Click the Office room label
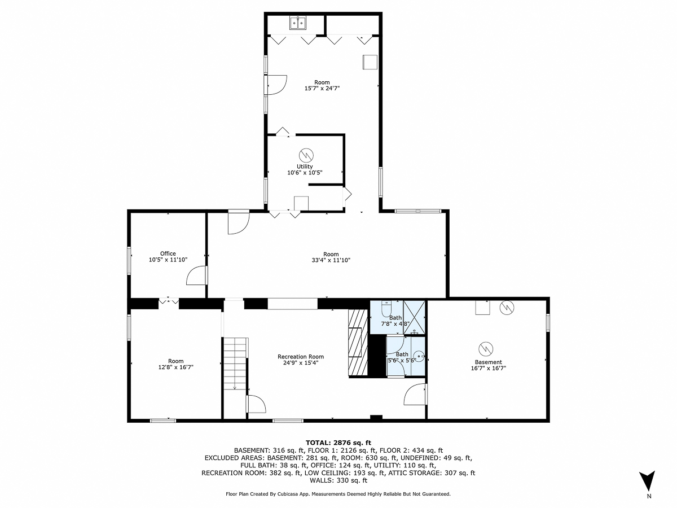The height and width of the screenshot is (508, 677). (x=168, y=253)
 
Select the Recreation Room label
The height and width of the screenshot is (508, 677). (x=301, y=357)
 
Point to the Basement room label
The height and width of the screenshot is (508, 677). (x=488, y=362)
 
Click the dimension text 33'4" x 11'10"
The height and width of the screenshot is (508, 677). (x=331, y=260)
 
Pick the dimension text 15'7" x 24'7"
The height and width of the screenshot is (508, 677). (x=322, y=88)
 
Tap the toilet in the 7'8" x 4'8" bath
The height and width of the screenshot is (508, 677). (x=386, y=309)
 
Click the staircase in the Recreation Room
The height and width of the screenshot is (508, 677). (x=235, y=364)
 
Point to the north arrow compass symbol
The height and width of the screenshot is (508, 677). (x=649, y=481)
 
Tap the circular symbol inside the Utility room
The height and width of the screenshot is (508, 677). (x=306, y=154)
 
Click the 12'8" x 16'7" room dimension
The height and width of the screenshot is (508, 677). (x=175, y=367)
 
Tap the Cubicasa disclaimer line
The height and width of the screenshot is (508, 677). (x=338, y=494)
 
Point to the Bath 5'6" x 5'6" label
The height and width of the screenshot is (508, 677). (x=402, y=357)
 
